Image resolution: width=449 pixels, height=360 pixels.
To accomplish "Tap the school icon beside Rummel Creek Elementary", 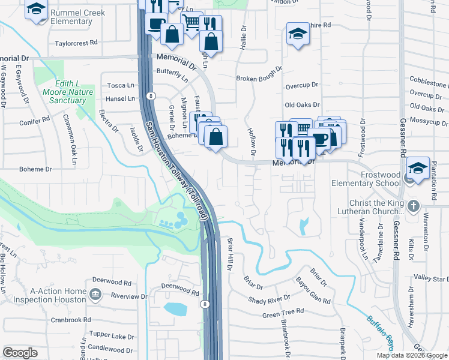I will tap(37, 10).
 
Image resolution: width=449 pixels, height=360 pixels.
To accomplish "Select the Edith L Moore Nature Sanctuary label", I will tap(68, 92).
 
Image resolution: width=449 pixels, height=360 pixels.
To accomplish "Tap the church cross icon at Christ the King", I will tap(413, 206).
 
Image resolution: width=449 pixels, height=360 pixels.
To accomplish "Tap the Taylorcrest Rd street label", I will tap(76, 43).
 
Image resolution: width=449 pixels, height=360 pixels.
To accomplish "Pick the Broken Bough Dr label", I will tap(260, 79).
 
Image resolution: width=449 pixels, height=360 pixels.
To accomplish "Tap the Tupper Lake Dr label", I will tap(111, 334).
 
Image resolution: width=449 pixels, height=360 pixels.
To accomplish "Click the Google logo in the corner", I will tap(20, 353).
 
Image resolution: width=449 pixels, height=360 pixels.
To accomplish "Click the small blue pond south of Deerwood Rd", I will tap(174, 310).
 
